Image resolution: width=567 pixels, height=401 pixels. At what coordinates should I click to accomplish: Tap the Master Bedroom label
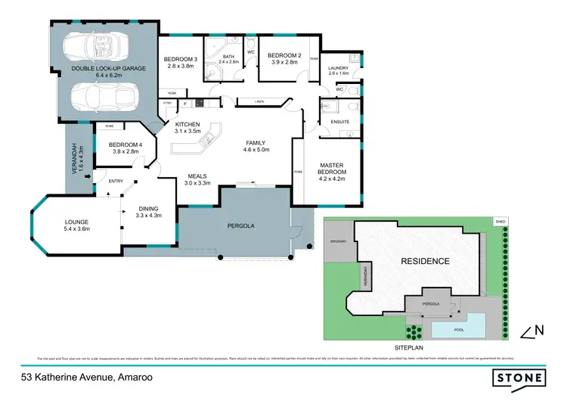(332, 170)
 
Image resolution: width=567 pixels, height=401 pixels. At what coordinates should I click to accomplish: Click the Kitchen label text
(187, 124)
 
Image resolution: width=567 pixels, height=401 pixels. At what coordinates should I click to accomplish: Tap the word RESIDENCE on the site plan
(424, 262)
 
